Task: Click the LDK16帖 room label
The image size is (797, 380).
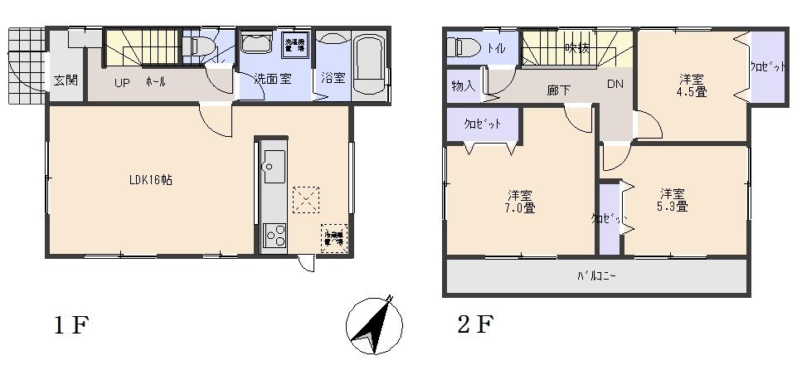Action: point(150,179)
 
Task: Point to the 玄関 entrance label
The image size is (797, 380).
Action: point(66,80)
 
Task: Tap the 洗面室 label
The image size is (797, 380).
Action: point(272,80)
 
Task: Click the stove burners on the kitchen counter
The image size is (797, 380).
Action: point(274,236)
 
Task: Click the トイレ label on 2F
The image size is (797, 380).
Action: point(496,48)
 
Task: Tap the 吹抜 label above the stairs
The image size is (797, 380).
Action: point(577,48)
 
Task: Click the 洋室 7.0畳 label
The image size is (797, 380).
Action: point(520,202)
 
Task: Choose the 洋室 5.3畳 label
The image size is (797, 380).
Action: point(673,200)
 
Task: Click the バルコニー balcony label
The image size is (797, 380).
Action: point(595,276)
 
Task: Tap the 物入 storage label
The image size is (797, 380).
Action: point(463,85)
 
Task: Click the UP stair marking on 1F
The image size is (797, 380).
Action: point(121,81)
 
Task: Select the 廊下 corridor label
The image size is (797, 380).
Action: point(558,89)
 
